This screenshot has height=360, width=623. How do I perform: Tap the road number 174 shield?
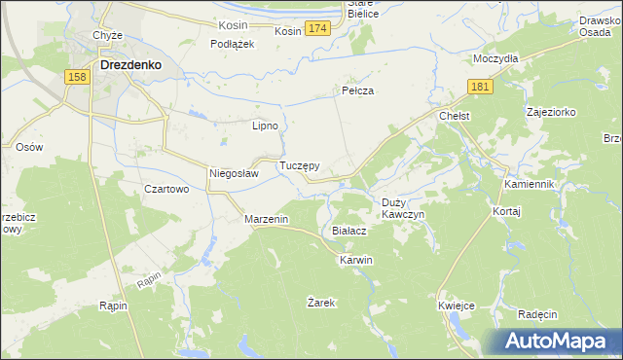tap(316, 30)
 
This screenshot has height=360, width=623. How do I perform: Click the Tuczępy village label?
tap(300, 166)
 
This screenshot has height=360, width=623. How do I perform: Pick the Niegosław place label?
tap(234, 174)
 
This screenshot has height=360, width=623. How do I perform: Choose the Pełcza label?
tap(358, 90)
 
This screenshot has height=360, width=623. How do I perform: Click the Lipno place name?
tap(266, 126)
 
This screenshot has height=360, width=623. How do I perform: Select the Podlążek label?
tap(233, 44)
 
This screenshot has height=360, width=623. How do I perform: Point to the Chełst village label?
tap(455, 116)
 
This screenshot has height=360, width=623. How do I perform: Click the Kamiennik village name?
tap(529, 184)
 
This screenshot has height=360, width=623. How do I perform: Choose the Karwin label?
tap(355, 261)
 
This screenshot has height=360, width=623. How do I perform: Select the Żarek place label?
tap(321, 303)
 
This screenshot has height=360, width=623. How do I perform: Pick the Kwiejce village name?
tap(456, 306)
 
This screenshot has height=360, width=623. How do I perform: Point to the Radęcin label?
tap(537, 314)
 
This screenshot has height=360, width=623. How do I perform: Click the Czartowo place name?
tap(165, 189)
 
